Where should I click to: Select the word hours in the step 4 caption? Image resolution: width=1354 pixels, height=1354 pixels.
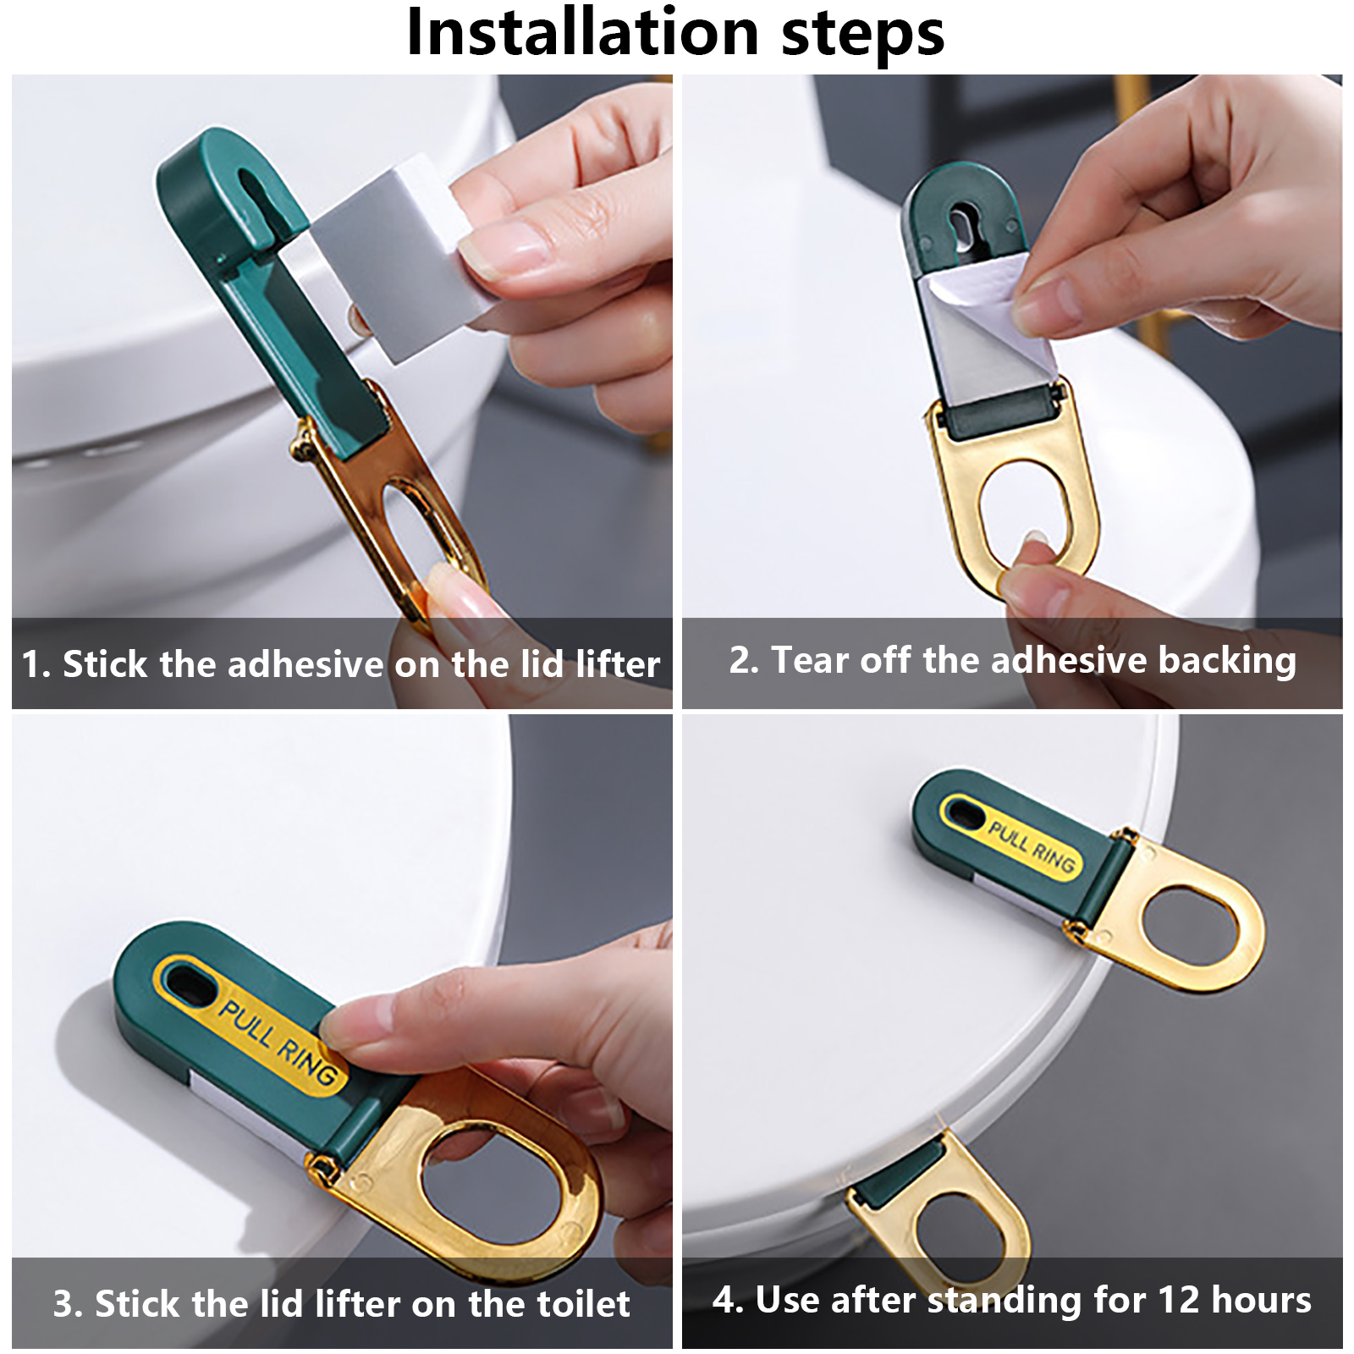tap(1262, 1299)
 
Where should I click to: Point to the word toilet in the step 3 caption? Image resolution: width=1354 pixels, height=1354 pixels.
tap(581, 1303)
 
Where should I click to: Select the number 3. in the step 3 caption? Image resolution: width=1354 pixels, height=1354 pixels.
tap(69, 1304)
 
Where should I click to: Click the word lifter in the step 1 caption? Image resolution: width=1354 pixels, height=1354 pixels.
tap(618, 663)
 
